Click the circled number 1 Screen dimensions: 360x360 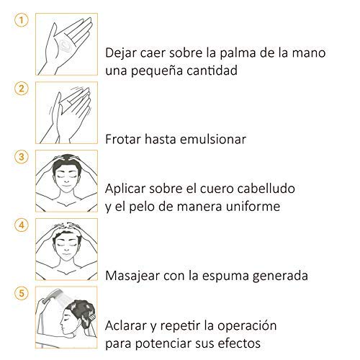(22, 20)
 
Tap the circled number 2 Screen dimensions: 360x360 (22, 89)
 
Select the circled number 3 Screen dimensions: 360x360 (22, 157)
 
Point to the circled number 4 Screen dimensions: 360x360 (22, 225)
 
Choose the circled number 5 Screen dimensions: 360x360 (22, 293)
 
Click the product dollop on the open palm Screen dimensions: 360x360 (66, 45)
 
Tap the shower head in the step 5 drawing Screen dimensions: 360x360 (52, 294)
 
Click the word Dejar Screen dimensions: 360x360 (121, 53)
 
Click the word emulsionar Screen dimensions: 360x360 (213, 139)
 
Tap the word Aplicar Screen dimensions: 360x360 (125, 189)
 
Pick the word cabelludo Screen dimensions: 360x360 (266, 189)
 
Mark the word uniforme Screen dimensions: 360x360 (253, 207)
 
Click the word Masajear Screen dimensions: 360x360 (132, 276)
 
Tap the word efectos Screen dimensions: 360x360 (239, 343)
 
